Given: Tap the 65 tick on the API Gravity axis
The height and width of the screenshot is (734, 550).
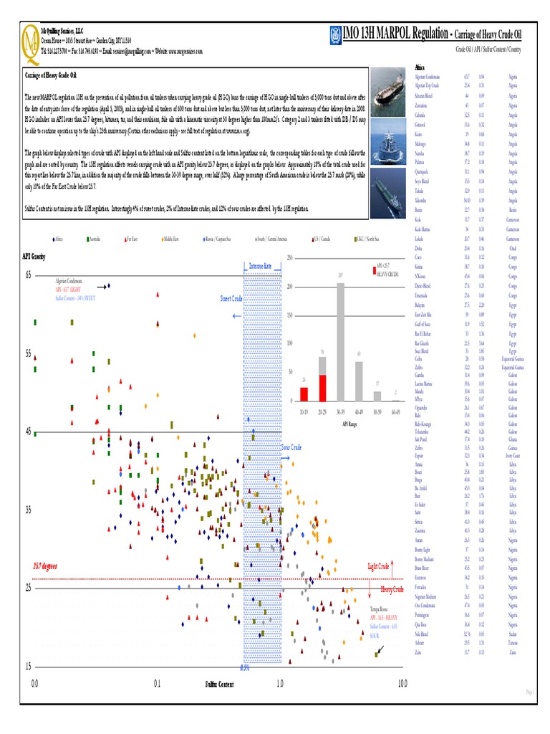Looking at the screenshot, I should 29,275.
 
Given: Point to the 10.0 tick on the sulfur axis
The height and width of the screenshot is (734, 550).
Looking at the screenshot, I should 402,684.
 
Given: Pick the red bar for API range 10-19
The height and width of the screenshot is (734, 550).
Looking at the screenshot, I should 304,394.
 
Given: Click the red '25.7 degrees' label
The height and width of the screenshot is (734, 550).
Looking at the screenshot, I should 44,566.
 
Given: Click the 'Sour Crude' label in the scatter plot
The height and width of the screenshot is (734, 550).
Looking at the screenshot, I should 291,447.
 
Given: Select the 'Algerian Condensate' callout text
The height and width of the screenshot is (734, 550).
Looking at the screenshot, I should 69,280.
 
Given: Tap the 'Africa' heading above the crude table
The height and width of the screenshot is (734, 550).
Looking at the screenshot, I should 420,67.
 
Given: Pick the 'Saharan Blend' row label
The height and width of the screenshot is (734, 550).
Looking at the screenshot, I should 423,95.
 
